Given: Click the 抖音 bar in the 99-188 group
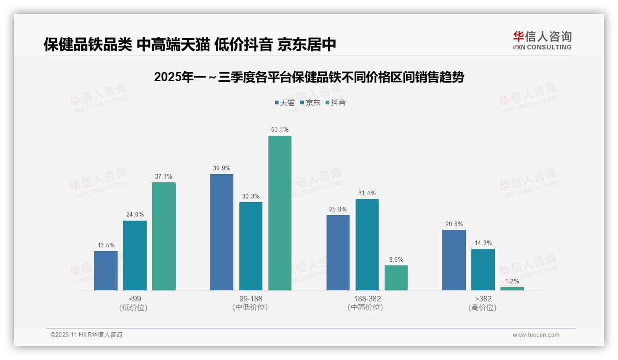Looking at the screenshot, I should pos(280,213).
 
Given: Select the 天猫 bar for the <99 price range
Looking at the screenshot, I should pos(106,270).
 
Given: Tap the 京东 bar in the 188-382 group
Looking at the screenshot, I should pos(367,245).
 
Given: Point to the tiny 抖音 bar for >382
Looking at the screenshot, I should pos(512,288).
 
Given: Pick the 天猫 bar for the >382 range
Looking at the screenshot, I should pos(454,260).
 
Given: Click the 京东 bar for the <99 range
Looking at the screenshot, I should pos(135,255).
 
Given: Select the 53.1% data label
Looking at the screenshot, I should pos(280,130).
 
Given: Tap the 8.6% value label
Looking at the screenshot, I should pos(396,259).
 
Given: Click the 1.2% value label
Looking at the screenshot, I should pos(512,281).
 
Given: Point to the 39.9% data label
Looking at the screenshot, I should pos(222,168).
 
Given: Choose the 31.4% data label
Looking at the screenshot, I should pos(367,193).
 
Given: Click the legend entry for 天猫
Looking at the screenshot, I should pos(285,102).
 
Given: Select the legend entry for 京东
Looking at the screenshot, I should pos(310,102).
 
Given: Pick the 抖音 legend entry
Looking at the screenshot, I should pos(336,102).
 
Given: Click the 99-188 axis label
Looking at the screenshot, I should pos(251,299).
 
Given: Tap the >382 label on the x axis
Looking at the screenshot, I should pos(483,299).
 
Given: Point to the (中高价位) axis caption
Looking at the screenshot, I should pos(367,307).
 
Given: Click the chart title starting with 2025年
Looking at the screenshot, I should pos(309,77).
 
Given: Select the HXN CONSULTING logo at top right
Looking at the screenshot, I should pos(542,40).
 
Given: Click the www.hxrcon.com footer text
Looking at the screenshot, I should pos(536,335).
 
